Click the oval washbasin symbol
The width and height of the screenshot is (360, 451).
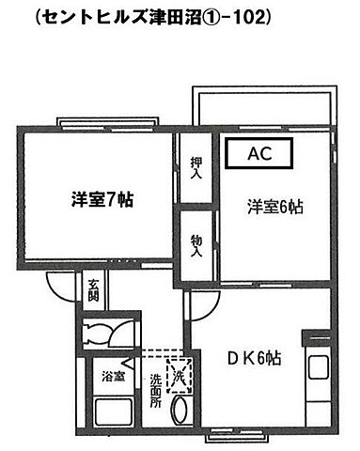click(x=185, y=411)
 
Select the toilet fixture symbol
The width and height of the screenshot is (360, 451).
click(x=97, y=334)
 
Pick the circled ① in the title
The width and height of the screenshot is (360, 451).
click(x=215, y=16)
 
